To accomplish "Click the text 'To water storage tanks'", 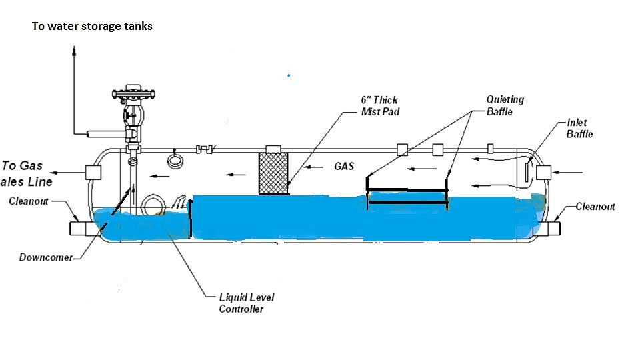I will (x=92, y=27).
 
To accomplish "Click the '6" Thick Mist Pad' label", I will (x=379, y=106).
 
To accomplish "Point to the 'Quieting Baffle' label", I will (x=505, y=105).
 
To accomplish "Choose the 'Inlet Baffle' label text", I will (x=579, y=128).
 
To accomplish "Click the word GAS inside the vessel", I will (x=344, y=166).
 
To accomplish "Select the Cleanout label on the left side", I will (x=29, y=201).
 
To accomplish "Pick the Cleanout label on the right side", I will (x=595, y=207).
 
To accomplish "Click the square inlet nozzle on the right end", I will (x=544, y=173).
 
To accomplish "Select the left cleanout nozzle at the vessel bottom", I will (x=81, y=229).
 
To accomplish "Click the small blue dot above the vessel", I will (x=289, y=75).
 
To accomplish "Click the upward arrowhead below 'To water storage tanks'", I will (x=74, y=51).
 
